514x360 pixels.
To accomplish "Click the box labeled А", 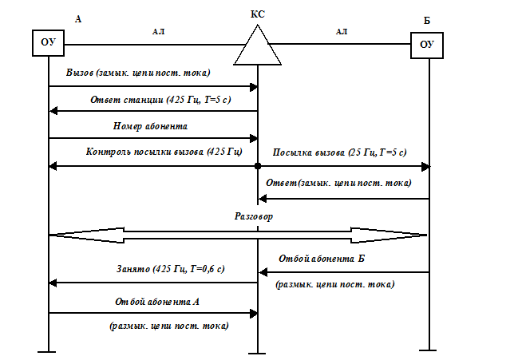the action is (x=77, y=19).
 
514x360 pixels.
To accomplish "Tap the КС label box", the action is (x=257, y=14).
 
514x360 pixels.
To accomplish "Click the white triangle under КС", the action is (x=258, y=49).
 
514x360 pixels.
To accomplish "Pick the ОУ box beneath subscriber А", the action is (x=49, y=42).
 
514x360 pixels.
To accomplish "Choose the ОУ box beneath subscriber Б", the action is (x=427, y=45).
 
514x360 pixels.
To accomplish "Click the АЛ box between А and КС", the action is (x=158, y=32).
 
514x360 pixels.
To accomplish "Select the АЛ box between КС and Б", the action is (x=342, y=32).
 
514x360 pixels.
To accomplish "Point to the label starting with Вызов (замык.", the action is (x=140, y=73).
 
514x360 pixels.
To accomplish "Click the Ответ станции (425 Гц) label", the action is (x=163, y=100).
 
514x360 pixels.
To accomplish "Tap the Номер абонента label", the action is (x=172, y=125).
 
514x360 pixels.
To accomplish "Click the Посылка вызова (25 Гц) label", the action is (x=341, y=152).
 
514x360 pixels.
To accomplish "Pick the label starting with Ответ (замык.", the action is (x=342, y=183).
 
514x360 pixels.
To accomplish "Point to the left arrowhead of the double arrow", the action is (x=76, y=235).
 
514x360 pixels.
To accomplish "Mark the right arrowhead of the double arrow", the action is (x=399, y=235).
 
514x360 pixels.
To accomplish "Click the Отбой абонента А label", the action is (x=172, y=302).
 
